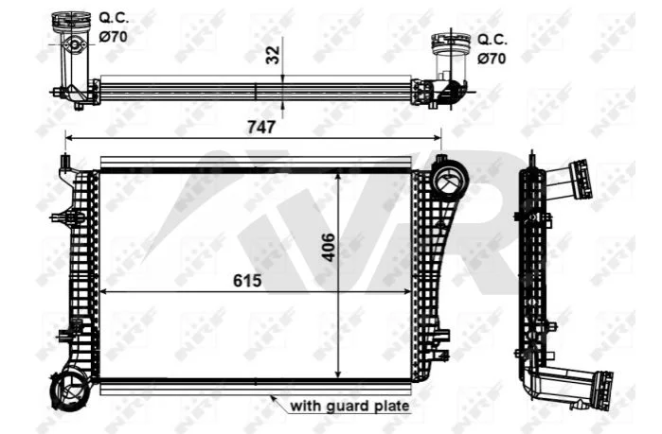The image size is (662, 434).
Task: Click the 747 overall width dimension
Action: (260, 127)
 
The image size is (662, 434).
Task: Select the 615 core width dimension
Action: (247, 280)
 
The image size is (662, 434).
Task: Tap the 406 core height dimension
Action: (328, 248)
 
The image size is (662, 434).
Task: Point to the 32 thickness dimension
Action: (273, 55)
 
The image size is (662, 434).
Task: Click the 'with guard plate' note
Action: (349, 407)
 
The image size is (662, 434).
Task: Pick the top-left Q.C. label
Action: (114, 18)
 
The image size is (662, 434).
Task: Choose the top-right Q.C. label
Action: (492, 40)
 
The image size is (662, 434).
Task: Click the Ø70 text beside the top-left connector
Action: (113, 37)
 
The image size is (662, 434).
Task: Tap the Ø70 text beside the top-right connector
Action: (492, 58)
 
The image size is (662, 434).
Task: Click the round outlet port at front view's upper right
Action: (451, 179)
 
